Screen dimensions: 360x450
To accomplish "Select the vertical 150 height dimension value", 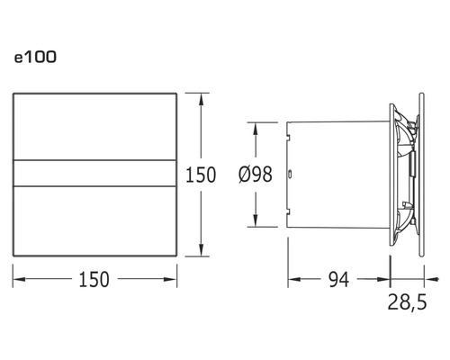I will [x=200, y=174].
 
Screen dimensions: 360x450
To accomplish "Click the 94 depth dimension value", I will [x=337, y=279].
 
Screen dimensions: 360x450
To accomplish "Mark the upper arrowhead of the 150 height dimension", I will [x=200, y=95].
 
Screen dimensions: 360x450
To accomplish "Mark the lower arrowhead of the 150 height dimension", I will [x=200, y=254].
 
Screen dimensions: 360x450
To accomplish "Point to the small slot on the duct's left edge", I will [x=289, y=172].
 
